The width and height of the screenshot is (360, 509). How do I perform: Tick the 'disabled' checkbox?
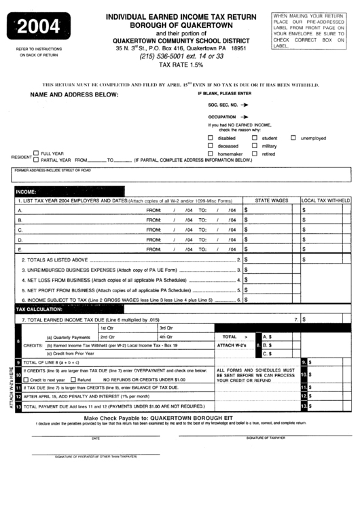coord(211,138)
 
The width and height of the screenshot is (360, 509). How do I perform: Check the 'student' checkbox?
coord(255,138)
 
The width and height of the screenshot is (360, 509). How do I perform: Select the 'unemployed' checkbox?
coord(293,138)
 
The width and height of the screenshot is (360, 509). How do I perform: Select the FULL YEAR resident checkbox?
coord(36,153)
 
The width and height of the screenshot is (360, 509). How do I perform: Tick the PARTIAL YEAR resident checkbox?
coord(36,160)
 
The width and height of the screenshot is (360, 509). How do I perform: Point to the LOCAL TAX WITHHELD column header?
coord(325,201)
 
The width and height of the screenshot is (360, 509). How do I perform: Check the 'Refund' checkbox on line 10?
coord(74,379)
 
